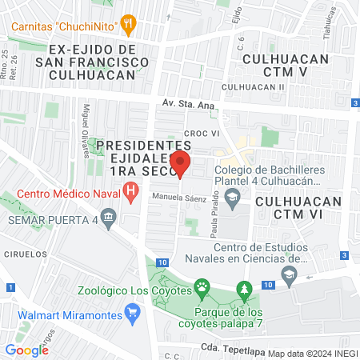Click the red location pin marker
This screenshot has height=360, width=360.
pyautogui.click(x=181, y=165)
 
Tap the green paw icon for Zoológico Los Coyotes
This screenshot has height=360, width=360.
pyautogui.click(x=202, y=287)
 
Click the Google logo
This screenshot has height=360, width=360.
pyautogui.click(x=26, y=350)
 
